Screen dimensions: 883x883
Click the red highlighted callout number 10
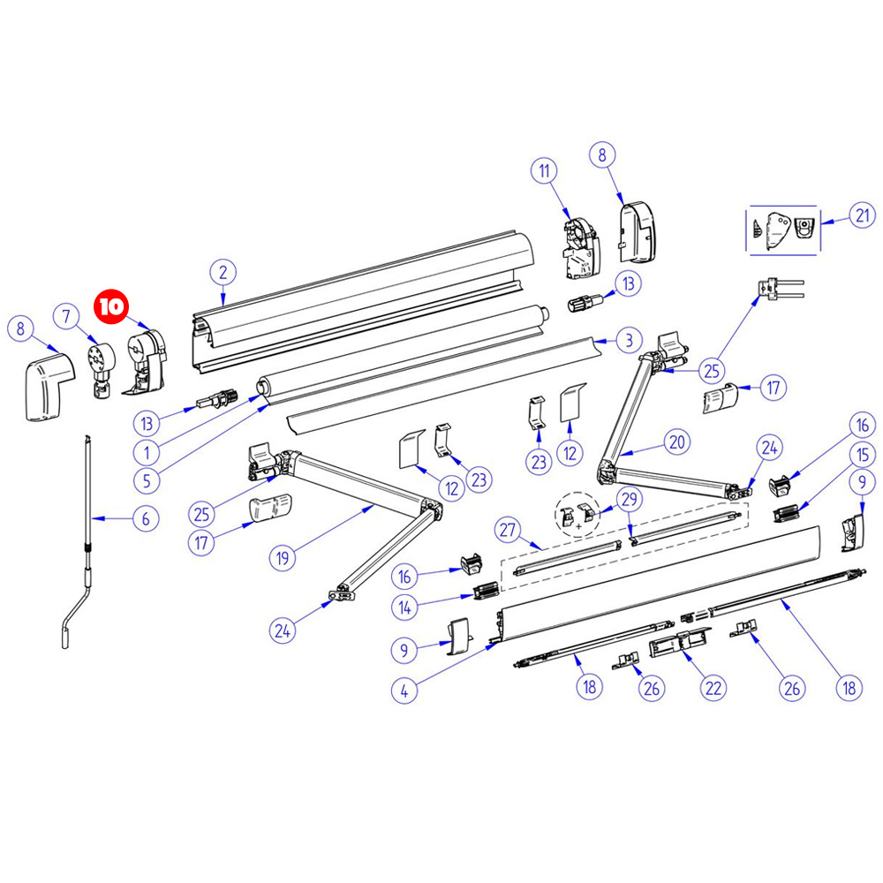(x=111, y=307)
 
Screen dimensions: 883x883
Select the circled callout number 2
(x=223, y=272)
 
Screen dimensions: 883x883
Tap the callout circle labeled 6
(x=147, y=518)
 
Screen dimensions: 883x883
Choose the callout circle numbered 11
(x=544, y=170)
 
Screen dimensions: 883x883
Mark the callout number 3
(x=626, y=339)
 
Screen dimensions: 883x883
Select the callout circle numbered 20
(x=676, y=442)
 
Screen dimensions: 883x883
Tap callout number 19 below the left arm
(x=283, y=558)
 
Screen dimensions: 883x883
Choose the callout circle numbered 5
(x=147, y=482)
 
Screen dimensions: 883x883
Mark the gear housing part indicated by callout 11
(x=580, y=245)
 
